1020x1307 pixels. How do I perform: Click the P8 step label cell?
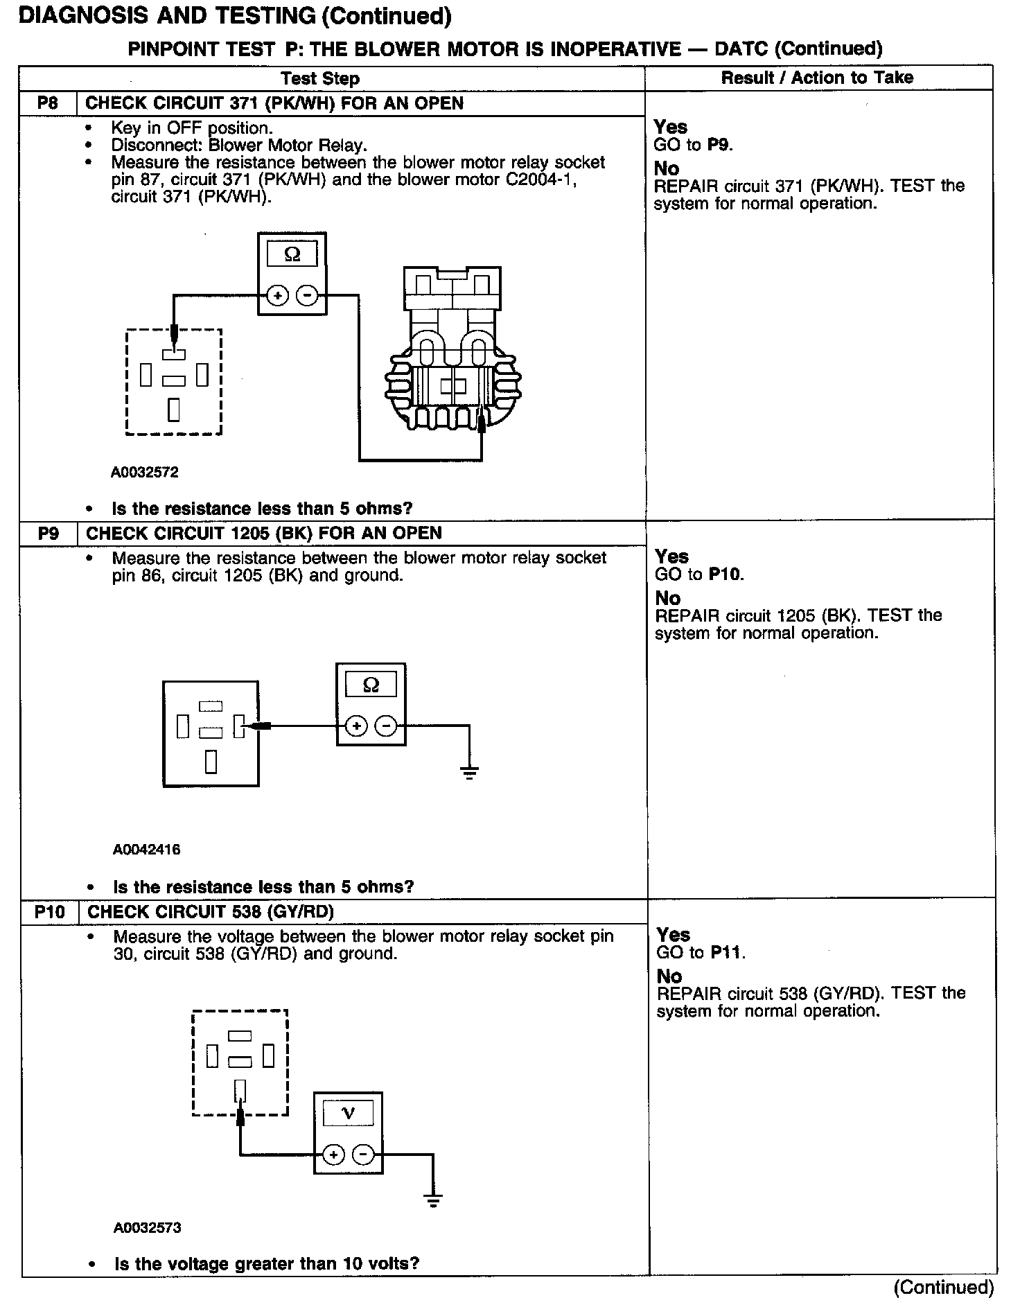(48, 104)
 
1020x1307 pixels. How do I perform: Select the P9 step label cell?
(49, 534)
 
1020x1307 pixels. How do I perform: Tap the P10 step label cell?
(49, 912)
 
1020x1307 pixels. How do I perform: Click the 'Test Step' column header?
(320, 78)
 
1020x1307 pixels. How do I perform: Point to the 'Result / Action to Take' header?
(817, 78)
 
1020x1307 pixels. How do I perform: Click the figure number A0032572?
(145, 473)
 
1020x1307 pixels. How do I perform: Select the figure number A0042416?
(146, 850)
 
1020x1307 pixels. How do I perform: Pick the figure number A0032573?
(148, 1228)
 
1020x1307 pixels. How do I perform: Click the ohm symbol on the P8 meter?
(292, 254)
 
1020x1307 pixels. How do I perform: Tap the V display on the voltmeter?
(349, 1114)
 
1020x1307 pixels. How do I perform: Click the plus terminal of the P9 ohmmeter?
(356, 726)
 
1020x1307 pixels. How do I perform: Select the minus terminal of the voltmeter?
(363, 1155)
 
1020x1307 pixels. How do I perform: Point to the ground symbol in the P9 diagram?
(469, 773)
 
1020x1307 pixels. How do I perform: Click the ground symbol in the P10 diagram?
(434, 1200)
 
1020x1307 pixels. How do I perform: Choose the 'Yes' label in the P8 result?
(671, 127)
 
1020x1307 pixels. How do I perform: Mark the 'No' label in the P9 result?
(668, 598)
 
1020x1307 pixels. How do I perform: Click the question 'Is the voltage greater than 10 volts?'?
(267, 1263)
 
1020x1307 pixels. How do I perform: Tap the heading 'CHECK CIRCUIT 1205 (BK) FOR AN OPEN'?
(264, 534)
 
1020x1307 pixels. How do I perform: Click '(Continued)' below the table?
(944, 1288)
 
